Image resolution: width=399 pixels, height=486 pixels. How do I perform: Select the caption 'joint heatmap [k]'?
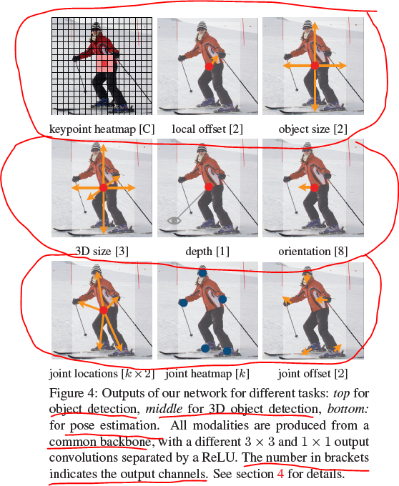pos(207,373)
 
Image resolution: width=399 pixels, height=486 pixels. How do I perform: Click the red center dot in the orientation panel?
pos(315,187)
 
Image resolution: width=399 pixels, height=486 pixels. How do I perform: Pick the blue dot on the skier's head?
pos(202,272)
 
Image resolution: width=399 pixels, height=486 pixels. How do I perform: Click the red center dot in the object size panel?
pos(315,65)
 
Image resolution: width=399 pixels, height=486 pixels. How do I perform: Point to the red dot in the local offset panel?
pos(209,66)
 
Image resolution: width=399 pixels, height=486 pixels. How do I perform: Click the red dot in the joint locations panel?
pos(104,310)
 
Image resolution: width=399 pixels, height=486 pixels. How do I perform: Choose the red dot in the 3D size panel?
pos(103,187)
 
